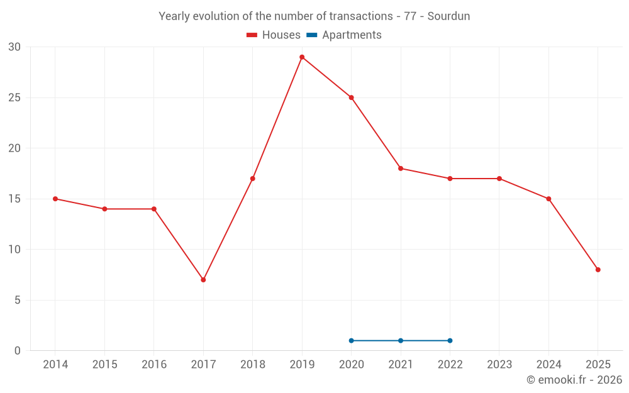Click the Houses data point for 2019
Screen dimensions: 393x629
[x=302, y=57]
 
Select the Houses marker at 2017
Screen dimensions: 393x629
[x=203, y=280]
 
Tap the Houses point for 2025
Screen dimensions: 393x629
[x=598, y=270]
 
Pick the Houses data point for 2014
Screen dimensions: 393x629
[x=55, y=199]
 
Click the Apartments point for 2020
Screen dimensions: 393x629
[x=351, y=341]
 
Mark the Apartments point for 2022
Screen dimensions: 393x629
[x=450, y=341]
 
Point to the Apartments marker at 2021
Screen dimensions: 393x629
[x=401, y=341]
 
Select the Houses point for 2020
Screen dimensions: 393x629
[x=351, y=97]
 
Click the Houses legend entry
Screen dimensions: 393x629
[x=274, y=35]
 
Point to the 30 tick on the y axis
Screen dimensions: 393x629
[x=14, y=47]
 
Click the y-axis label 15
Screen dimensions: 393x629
[x=14, y=199]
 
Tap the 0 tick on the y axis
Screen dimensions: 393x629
[x=18, y=351]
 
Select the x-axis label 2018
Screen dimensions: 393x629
[x=252, y=365]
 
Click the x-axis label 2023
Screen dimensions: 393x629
[x=499, y=365]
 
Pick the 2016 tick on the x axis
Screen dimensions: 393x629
[x=154, y=365]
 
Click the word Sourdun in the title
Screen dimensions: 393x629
[x=448, y=16]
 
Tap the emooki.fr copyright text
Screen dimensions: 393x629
[x=574, y=380]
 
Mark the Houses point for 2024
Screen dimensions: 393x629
[x=548, y=199]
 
